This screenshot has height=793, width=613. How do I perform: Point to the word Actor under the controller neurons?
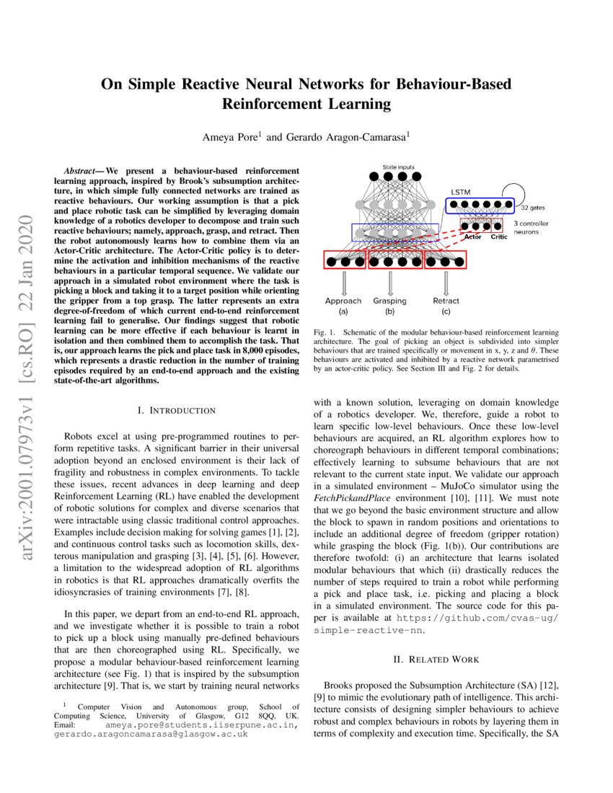(x=473, y=236)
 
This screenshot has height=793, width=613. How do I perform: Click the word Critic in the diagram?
(x=498, y=236)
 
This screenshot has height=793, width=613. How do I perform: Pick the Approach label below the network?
(x=343, y=301)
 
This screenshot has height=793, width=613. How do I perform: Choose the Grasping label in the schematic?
(x=389, y=301)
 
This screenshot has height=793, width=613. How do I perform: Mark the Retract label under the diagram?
(x=446, y=301)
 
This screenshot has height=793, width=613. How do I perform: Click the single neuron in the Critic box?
(x=498, y=226)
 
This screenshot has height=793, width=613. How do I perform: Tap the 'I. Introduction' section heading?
(x=176, y=410)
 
